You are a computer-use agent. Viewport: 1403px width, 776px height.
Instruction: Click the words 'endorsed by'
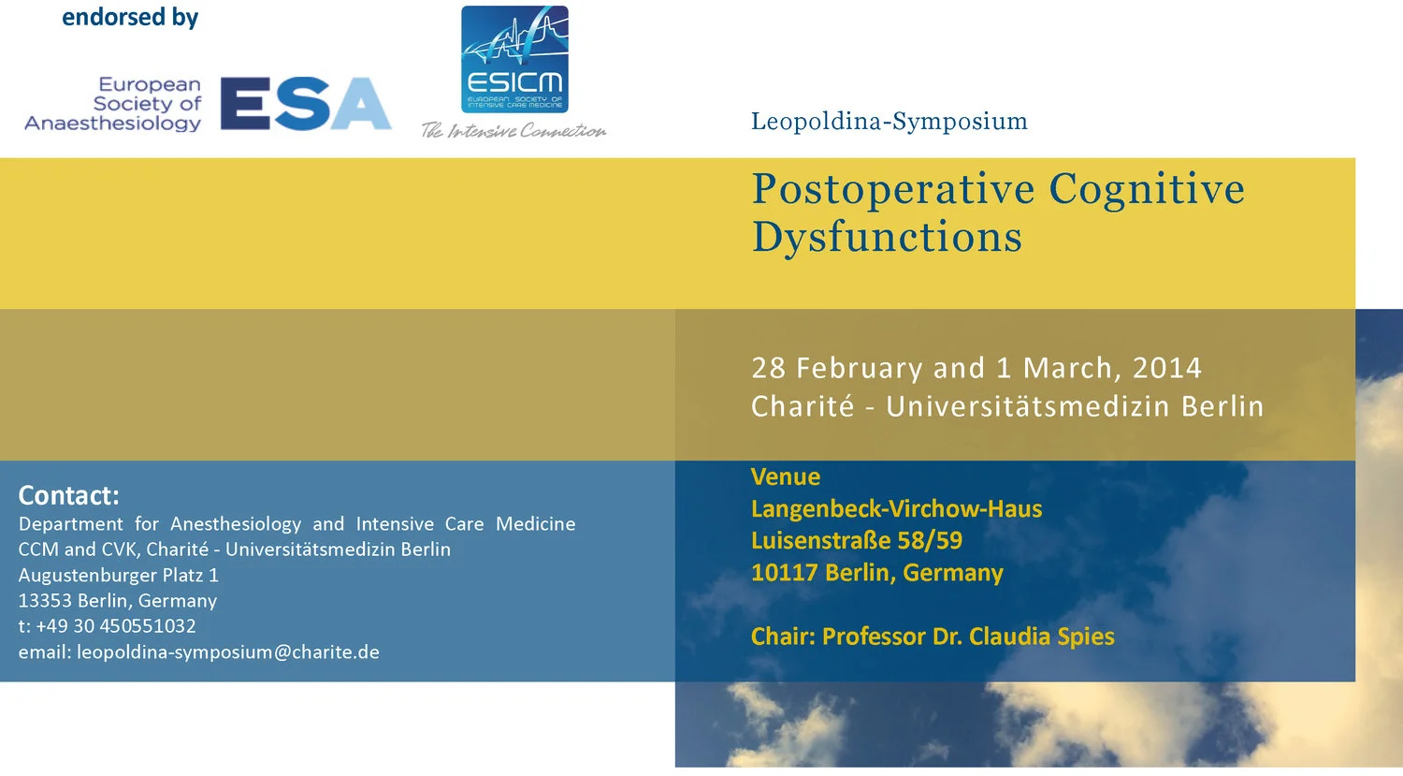(x=130, y=18)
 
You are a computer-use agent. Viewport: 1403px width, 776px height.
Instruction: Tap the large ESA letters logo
(x=306, y=103)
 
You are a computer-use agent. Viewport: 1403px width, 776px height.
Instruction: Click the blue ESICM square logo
(x=514, y=59)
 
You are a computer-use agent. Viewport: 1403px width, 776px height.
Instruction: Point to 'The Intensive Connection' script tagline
(x=513, y=130)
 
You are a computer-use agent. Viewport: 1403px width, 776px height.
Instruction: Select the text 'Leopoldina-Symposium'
(x=889, y=122)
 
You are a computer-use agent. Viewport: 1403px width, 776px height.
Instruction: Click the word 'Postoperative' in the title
(x=892, y=189)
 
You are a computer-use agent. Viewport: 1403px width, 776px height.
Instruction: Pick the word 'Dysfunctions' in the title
(x=887, y=237)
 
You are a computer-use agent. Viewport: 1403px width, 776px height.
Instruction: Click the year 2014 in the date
(x=1166, y=368)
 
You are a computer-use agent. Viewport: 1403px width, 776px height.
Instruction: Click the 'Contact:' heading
(x=69, y=495)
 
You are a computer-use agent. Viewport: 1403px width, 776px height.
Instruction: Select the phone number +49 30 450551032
(x=116, y=626)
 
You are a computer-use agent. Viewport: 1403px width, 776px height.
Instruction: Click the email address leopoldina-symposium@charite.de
(x=228, y=652)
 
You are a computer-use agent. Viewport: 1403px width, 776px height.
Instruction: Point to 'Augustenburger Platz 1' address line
(x=119, y=575)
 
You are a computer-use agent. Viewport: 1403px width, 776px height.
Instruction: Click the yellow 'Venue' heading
(x=786, y=477)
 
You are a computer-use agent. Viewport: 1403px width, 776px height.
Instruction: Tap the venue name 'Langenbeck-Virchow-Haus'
(x=896, y=509)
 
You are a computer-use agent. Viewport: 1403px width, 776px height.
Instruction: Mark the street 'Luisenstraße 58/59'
(x=856, y=541)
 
